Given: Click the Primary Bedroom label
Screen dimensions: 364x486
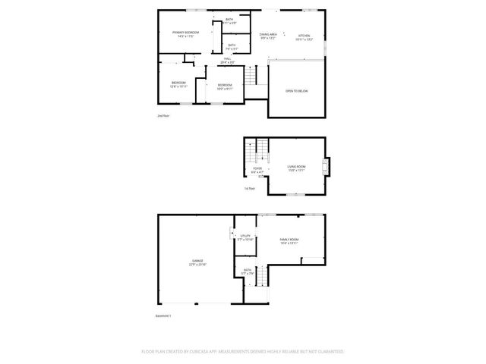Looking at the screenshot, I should click(185, 33).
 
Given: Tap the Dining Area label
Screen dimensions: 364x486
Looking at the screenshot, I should click(268, 35).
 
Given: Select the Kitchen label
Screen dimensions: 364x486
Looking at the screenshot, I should click(304, 36).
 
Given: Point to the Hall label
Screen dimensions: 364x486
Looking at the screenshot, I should click(227, 59).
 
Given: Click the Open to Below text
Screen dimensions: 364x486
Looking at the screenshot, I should click(296, 91).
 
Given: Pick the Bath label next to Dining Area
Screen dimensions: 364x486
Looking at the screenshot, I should click(229, 20).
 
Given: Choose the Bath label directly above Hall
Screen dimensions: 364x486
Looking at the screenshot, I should click(232, 45).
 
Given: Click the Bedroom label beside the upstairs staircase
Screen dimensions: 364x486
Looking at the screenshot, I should click(225, 86).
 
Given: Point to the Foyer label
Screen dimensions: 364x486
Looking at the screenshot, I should click(257, 169).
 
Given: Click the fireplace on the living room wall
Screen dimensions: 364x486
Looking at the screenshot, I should click(327, 166).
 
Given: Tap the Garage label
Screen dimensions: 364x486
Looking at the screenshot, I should click(197, 262).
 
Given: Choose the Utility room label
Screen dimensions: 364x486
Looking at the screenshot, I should click(245, 237).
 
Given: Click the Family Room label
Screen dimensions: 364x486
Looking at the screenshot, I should click(289, 240).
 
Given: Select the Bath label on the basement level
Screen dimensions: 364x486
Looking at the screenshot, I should click(248, 270).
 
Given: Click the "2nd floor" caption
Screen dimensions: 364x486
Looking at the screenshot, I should click(163, 116).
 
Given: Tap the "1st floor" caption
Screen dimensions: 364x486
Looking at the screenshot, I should click(250, 188).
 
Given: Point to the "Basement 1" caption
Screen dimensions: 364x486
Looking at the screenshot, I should click(163, 315).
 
